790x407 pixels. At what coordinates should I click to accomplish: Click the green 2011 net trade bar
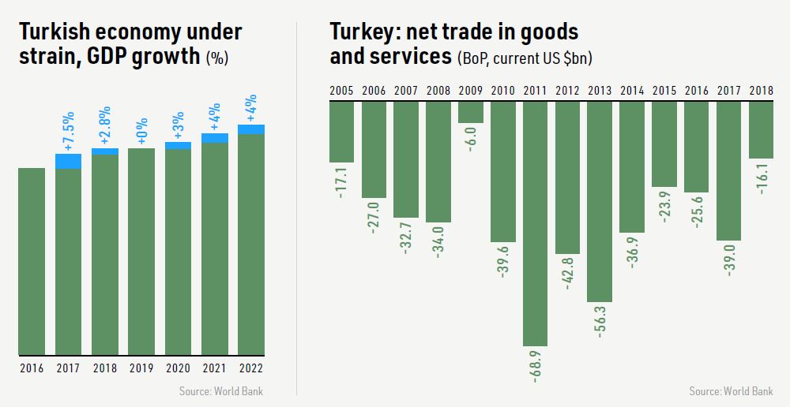[535, 223]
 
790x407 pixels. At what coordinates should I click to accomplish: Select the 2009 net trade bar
[471, 113]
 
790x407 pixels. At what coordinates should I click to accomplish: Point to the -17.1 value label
[341, 181]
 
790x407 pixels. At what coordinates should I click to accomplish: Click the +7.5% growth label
[69, 135]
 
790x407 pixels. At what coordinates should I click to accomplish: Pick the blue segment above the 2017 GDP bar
[69, 161]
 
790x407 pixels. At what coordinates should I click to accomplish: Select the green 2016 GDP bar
[32, 261]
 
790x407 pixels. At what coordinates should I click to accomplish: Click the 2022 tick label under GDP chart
[250, 367]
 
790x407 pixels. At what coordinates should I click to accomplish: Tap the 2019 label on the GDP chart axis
[141, 367]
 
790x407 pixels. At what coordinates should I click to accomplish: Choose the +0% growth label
[142, 132]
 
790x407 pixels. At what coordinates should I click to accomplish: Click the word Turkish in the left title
[58, 32]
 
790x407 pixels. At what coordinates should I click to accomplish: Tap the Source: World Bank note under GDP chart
[221, 390]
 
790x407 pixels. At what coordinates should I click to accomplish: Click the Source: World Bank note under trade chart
[731, 390]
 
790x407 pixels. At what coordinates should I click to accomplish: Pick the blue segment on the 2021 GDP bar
[214, 138]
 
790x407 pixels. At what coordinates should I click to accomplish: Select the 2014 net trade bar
[632, 167]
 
